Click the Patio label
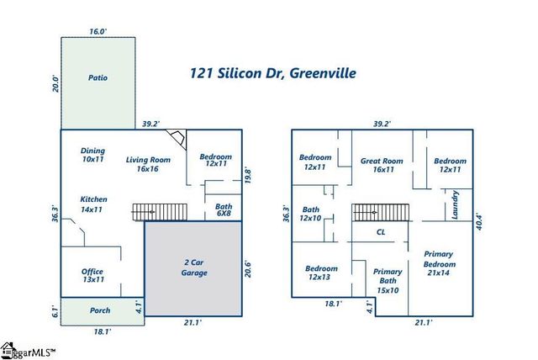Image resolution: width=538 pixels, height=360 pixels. tap(98, 78)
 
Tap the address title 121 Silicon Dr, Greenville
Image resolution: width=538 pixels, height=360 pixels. tap(273, 73)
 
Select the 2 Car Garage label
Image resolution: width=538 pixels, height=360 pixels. tap(195, 267)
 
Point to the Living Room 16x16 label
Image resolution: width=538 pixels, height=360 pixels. tap(148, 164)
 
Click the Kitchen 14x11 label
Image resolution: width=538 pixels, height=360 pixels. tap(93, 204)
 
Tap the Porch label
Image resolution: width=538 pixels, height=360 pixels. tap(100, 310)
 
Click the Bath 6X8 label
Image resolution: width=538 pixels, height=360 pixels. tap(223, 209)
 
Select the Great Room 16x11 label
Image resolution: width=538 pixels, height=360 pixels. tap(382, 164)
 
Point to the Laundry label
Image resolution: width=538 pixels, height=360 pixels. tap(455, 207)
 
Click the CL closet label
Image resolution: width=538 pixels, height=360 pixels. tap(380, 231)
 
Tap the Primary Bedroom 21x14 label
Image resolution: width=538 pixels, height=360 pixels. tap(438, 262)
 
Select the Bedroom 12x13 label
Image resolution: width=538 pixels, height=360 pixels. tap(321, 273)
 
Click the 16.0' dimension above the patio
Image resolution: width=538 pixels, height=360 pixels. tap(98, 31)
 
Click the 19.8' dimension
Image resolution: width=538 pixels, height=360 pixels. tap(249, 174)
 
